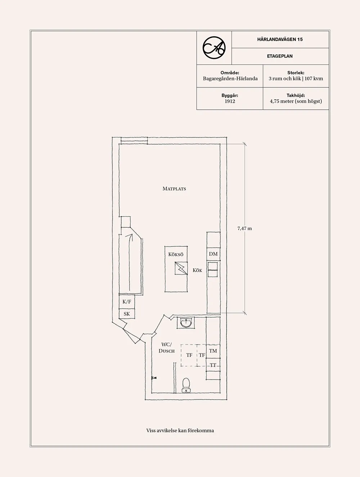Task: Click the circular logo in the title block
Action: [x=214, y=47]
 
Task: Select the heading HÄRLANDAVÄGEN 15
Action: [x=280, y=39]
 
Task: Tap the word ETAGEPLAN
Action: [x=280, y=56]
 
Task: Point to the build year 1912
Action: [x=230, y=101]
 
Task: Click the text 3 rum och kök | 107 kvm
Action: [x=296, y=78]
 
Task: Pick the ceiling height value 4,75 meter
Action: [x=296, y=101]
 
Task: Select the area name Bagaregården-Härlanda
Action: [x=230, y=78]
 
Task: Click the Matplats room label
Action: [x=174, y=188]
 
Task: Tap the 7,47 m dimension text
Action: [x=244, y=228]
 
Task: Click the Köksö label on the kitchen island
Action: [x=176, y=254]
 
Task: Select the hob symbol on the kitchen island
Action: [x=181, y=268]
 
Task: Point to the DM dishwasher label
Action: [x=213, y=254]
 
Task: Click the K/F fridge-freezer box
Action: [x=127, y=302]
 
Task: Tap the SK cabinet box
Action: [x=127, y=314]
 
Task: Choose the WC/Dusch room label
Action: [x=166, y=348]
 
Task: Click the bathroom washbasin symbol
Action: [x=186, y=323]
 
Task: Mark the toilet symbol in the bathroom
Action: [x=186, y=385]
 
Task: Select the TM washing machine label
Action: [x=213, y=351]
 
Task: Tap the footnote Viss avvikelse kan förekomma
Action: [x=180, y=430]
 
